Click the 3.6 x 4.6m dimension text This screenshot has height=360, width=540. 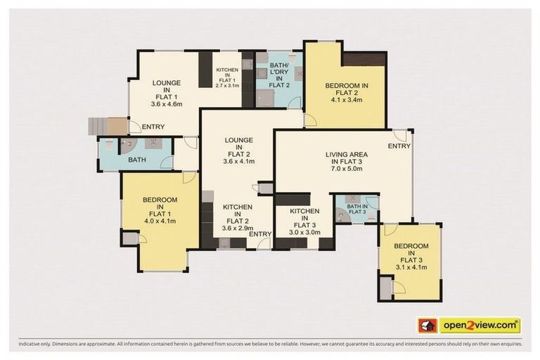[167, 104]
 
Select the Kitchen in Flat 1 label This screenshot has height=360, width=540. [227, 75]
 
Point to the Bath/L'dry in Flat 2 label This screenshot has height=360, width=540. [278, 75]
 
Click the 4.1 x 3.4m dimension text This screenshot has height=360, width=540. [345, 100]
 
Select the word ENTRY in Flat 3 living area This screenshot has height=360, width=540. [398, 146]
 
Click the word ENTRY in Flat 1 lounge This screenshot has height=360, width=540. [153, 127]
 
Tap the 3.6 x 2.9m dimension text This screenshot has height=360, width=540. [237, 226]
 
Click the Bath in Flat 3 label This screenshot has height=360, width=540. [356, 208]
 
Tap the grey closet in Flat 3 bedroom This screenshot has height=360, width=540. [385, 288]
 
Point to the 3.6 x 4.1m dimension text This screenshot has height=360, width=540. [237, 161]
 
